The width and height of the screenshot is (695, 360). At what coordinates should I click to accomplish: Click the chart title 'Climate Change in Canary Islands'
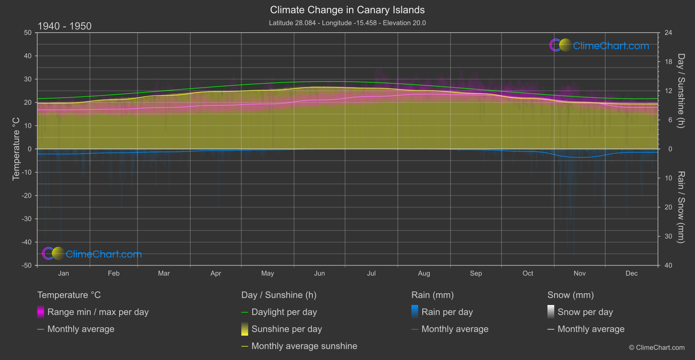click(x=347, y=10)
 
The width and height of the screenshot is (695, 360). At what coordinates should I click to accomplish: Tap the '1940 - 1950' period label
click(x=65, y=26)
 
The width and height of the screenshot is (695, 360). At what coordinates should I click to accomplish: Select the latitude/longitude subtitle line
click(x=347, y=23)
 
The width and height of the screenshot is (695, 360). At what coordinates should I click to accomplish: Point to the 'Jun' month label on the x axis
click(x=319, y=274)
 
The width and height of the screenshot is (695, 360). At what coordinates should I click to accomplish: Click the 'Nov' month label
click(x=579, y=274)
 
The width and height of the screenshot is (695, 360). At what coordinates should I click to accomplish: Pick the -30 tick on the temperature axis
click(x=27, y=219)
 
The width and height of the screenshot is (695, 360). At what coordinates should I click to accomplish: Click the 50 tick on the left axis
click(x=28, y=33)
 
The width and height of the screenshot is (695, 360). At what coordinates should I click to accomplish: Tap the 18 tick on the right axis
click(x=668, y=62)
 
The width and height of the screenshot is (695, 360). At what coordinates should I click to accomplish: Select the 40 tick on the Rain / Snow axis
click(x=668, y=265)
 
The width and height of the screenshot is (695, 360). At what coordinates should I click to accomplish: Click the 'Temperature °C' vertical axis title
click(x=16, y=149)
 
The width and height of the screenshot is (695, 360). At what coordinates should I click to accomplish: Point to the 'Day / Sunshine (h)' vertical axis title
click(x=681, y=91)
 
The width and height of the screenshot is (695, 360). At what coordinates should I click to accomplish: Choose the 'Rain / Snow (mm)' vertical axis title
click(x=681, y=207)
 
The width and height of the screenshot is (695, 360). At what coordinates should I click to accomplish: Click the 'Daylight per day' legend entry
click(x=284, y=312)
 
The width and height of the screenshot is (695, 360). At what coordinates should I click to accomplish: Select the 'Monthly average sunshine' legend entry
click(x=304, y=346)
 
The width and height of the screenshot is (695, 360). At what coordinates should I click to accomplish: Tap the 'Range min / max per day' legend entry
click(x=98, y=312)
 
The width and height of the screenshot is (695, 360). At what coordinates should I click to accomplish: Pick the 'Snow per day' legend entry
click(x=585, y=312)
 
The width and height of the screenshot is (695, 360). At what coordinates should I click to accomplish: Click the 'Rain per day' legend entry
click(x=447, y=312)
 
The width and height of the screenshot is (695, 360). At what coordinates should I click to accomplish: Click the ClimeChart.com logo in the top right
click(x=599, y=45)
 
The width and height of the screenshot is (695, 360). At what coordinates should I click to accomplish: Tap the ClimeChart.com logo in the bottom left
click(x=92, y=254)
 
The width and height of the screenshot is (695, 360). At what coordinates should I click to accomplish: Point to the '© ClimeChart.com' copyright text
click(x=657, y=348)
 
